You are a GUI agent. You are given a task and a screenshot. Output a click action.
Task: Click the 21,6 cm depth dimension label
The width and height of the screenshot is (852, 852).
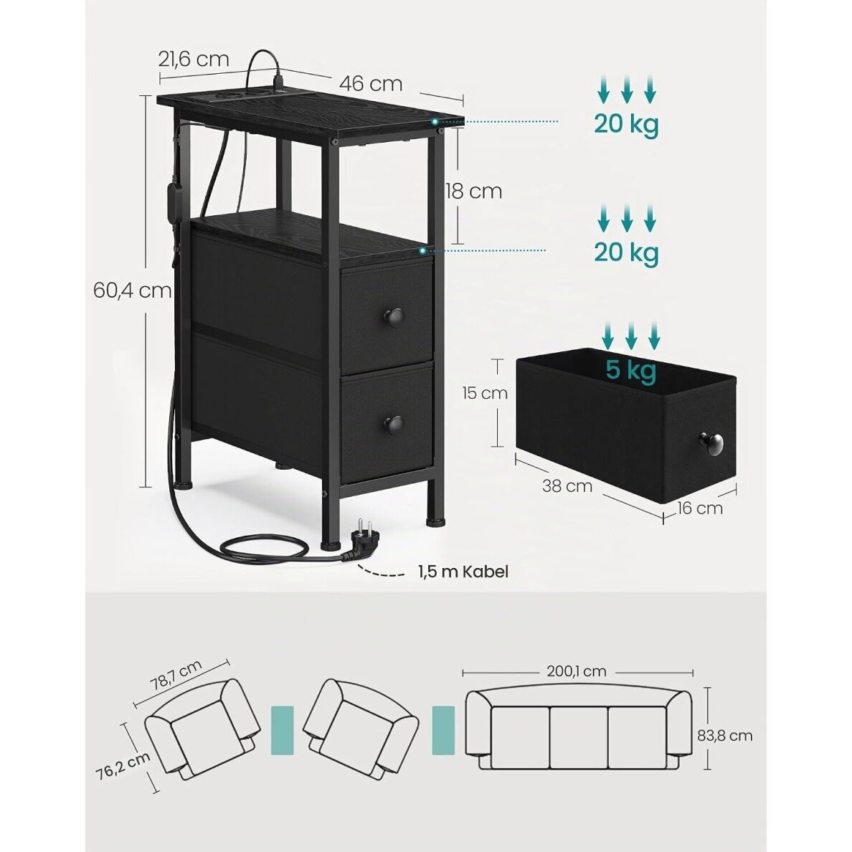[194, 60]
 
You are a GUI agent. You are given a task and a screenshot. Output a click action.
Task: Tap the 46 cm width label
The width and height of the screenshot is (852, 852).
[371, 84]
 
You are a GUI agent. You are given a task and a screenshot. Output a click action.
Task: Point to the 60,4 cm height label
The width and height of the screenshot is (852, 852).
[132, 290]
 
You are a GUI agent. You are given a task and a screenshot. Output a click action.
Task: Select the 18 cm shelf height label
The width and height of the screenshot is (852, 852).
[474, 191]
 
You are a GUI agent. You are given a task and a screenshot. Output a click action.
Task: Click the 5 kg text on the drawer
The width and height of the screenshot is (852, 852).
[631, 370]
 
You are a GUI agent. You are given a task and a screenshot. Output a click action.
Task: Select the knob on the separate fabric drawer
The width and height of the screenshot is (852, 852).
[711, 444]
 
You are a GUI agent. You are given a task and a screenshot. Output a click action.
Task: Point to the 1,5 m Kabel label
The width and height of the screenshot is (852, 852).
[463, 572]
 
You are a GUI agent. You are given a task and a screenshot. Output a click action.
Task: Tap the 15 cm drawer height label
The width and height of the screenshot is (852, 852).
[485, 393]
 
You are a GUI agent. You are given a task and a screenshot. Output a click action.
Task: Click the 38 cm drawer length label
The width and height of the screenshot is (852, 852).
[567, 486]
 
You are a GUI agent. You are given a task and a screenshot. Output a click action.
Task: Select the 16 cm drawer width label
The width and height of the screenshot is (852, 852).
[700, 508]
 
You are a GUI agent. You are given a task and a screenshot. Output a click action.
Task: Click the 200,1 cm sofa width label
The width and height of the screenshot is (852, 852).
[577, 671]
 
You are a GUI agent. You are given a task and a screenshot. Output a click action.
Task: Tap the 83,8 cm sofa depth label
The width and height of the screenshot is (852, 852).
[725, 736]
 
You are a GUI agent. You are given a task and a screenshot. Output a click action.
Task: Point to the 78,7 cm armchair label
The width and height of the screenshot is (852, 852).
[176, 675]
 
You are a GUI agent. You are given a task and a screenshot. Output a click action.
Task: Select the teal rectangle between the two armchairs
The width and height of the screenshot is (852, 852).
[282, 730]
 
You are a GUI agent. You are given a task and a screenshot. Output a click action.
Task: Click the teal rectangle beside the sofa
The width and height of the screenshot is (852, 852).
[443, 730]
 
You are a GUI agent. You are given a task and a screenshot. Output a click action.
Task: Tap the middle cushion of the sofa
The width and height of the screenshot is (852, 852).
[579, 737]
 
